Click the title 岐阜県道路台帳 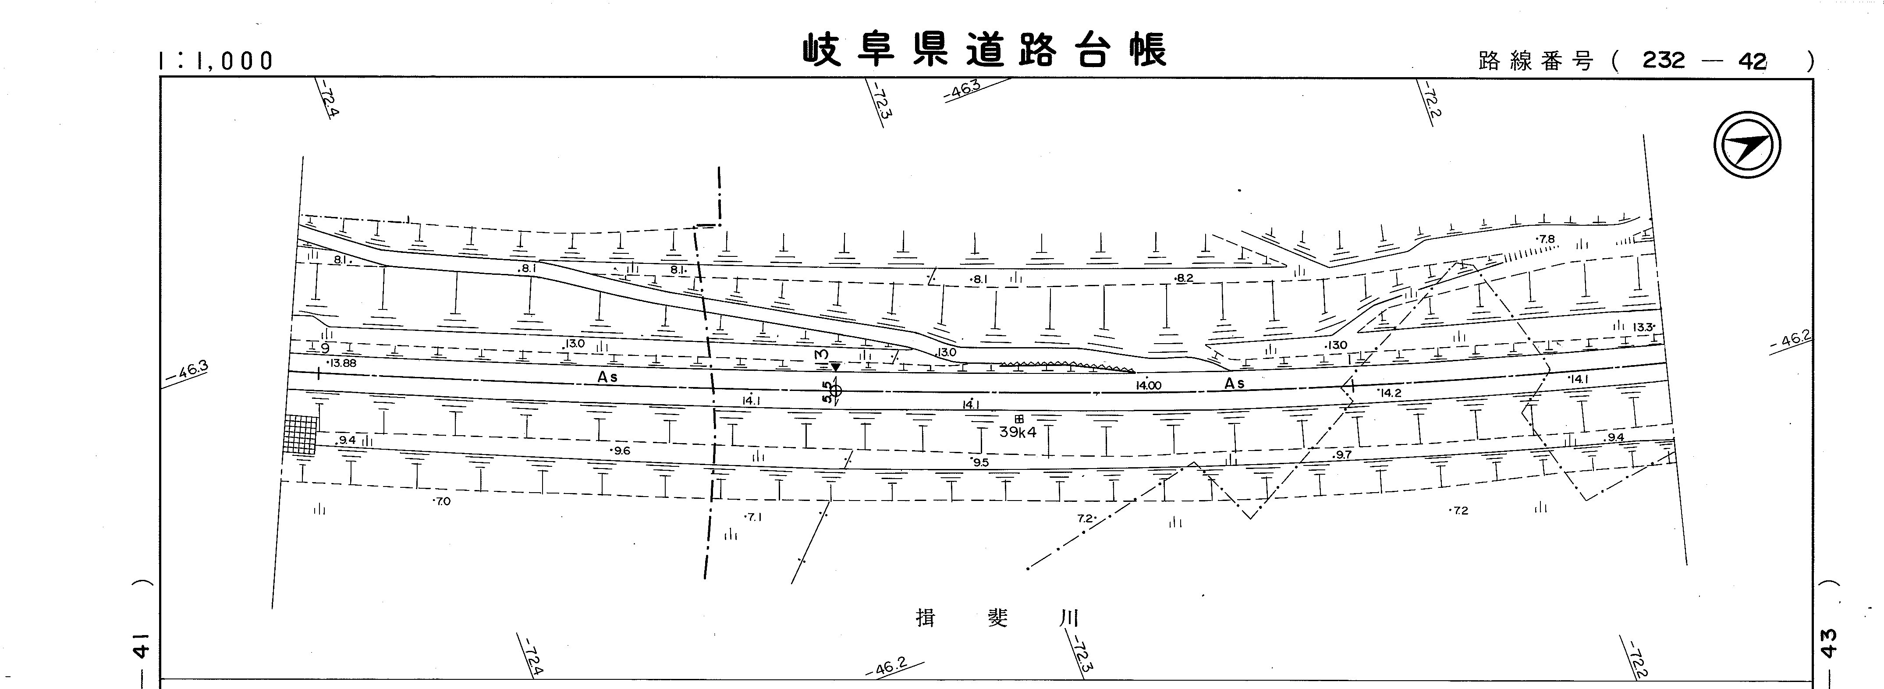[x=984, y=50]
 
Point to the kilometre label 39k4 [x=1018, y=432]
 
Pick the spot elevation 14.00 [x=1148, y=385]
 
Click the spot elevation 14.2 [x=1390, y=393]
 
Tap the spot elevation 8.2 [x=1183, y=279]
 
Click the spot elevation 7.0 [x=443, y=502]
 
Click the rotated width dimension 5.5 [x=827, y=391]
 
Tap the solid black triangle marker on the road [x=835, y=366]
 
